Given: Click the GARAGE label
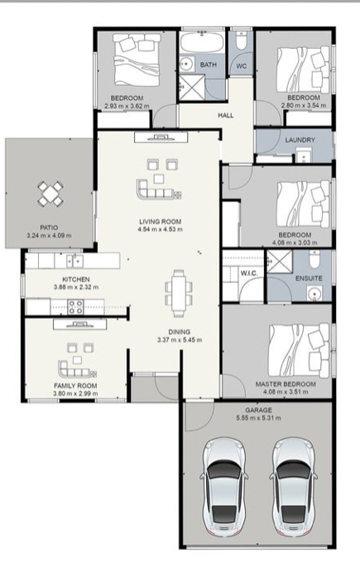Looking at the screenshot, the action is pyautogui.click(x=258, y=410).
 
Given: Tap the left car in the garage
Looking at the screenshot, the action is pyautogui.click(x=224, y=487).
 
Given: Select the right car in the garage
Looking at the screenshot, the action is pyautogui.click(x=293, y=487).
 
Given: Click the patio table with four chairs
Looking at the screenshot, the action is pyautogui.click(x=50, y=194).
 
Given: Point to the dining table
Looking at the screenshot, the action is pyautogui.click(x=179, y=293).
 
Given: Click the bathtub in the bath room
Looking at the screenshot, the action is pyautogui.click(x=202, y=42).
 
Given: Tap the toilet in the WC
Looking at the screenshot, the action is pyautogui.click(x=241, y=40).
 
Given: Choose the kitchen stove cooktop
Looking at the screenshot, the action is pyautogui.click(x=76, y=307).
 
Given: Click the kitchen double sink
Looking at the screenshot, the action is pyautogui.click(x=74, y=261).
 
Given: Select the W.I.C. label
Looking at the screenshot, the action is pyautogui.click(x=248, y=273).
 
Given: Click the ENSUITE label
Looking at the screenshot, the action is pyautogui.click(x=309, y=278).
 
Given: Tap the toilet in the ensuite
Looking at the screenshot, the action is pyautogui.click(x=314, y=260).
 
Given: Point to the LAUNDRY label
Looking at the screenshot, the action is pyautogui.click(x=300, y=140).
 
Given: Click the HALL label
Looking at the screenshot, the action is pyautogui.click(x=226, y=115).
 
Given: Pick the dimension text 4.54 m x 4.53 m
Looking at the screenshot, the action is pyautogui.click(x=160, y=229).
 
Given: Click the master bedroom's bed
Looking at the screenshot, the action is pyautogui.click(x=299, y=350).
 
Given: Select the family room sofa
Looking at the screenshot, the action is pyautogui.click(x=77, y=369).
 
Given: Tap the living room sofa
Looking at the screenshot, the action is pyautogui.click(x=159, y=190).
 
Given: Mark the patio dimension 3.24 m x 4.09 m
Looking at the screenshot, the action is pyautogui.click(x=49, y=236).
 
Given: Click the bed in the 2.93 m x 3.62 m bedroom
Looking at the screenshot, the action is pyautogui.click(x=137, y=60).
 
